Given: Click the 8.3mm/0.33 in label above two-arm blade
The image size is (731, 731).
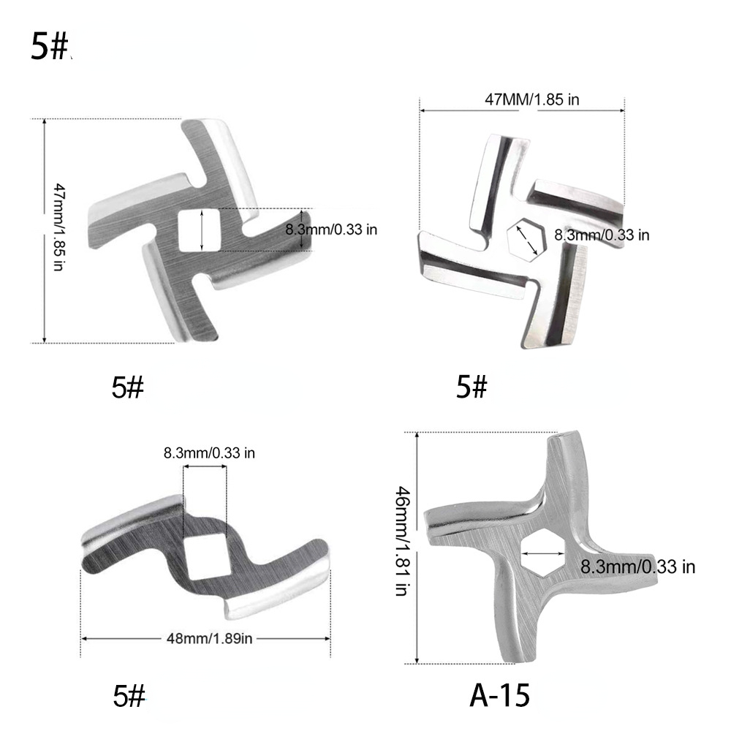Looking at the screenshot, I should tap(209, 452).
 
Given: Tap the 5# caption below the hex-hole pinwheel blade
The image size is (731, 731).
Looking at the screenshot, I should tap(471, 387).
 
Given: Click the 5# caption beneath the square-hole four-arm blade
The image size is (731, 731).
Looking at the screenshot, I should tap(129, 387).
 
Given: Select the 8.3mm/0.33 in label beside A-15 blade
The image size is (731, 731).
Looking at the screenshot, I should tap(637, 567).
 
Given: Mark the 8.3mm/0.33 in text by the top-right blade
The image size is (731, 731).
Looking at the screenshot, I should tap(602, 235).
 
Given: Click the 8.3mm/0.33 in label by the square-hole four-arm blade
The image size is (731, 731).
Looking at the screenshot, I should tap(331, 230).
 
